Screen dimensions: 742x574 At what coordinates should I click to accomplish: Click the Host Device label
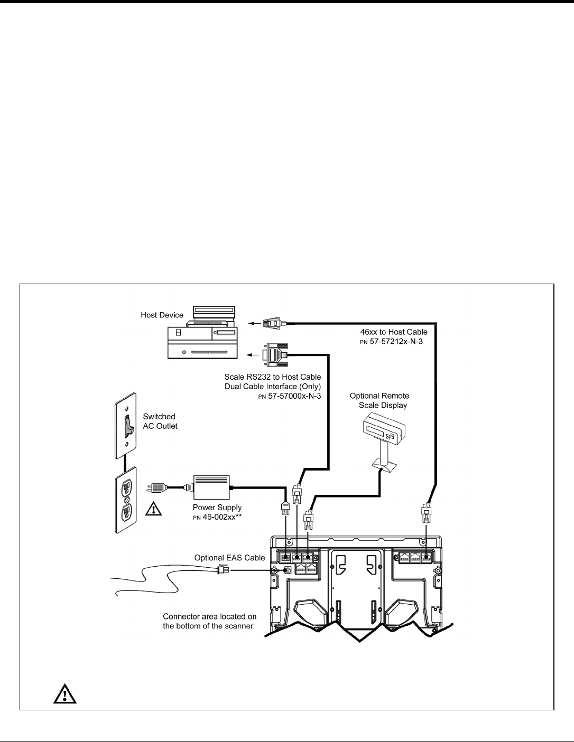click(162, 315)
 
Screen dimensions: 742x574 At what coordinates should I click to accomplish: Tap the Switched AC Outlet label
click(160, 421)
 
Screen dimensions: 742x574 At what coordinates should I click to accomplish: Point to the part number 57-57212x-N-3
click(392, 342)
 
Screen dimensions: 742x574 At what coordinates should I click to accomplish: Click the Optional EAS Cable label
click(230, 557)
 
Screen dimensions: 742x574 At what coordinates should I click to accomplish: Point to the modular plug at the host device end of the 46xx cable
click(274, 323)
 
